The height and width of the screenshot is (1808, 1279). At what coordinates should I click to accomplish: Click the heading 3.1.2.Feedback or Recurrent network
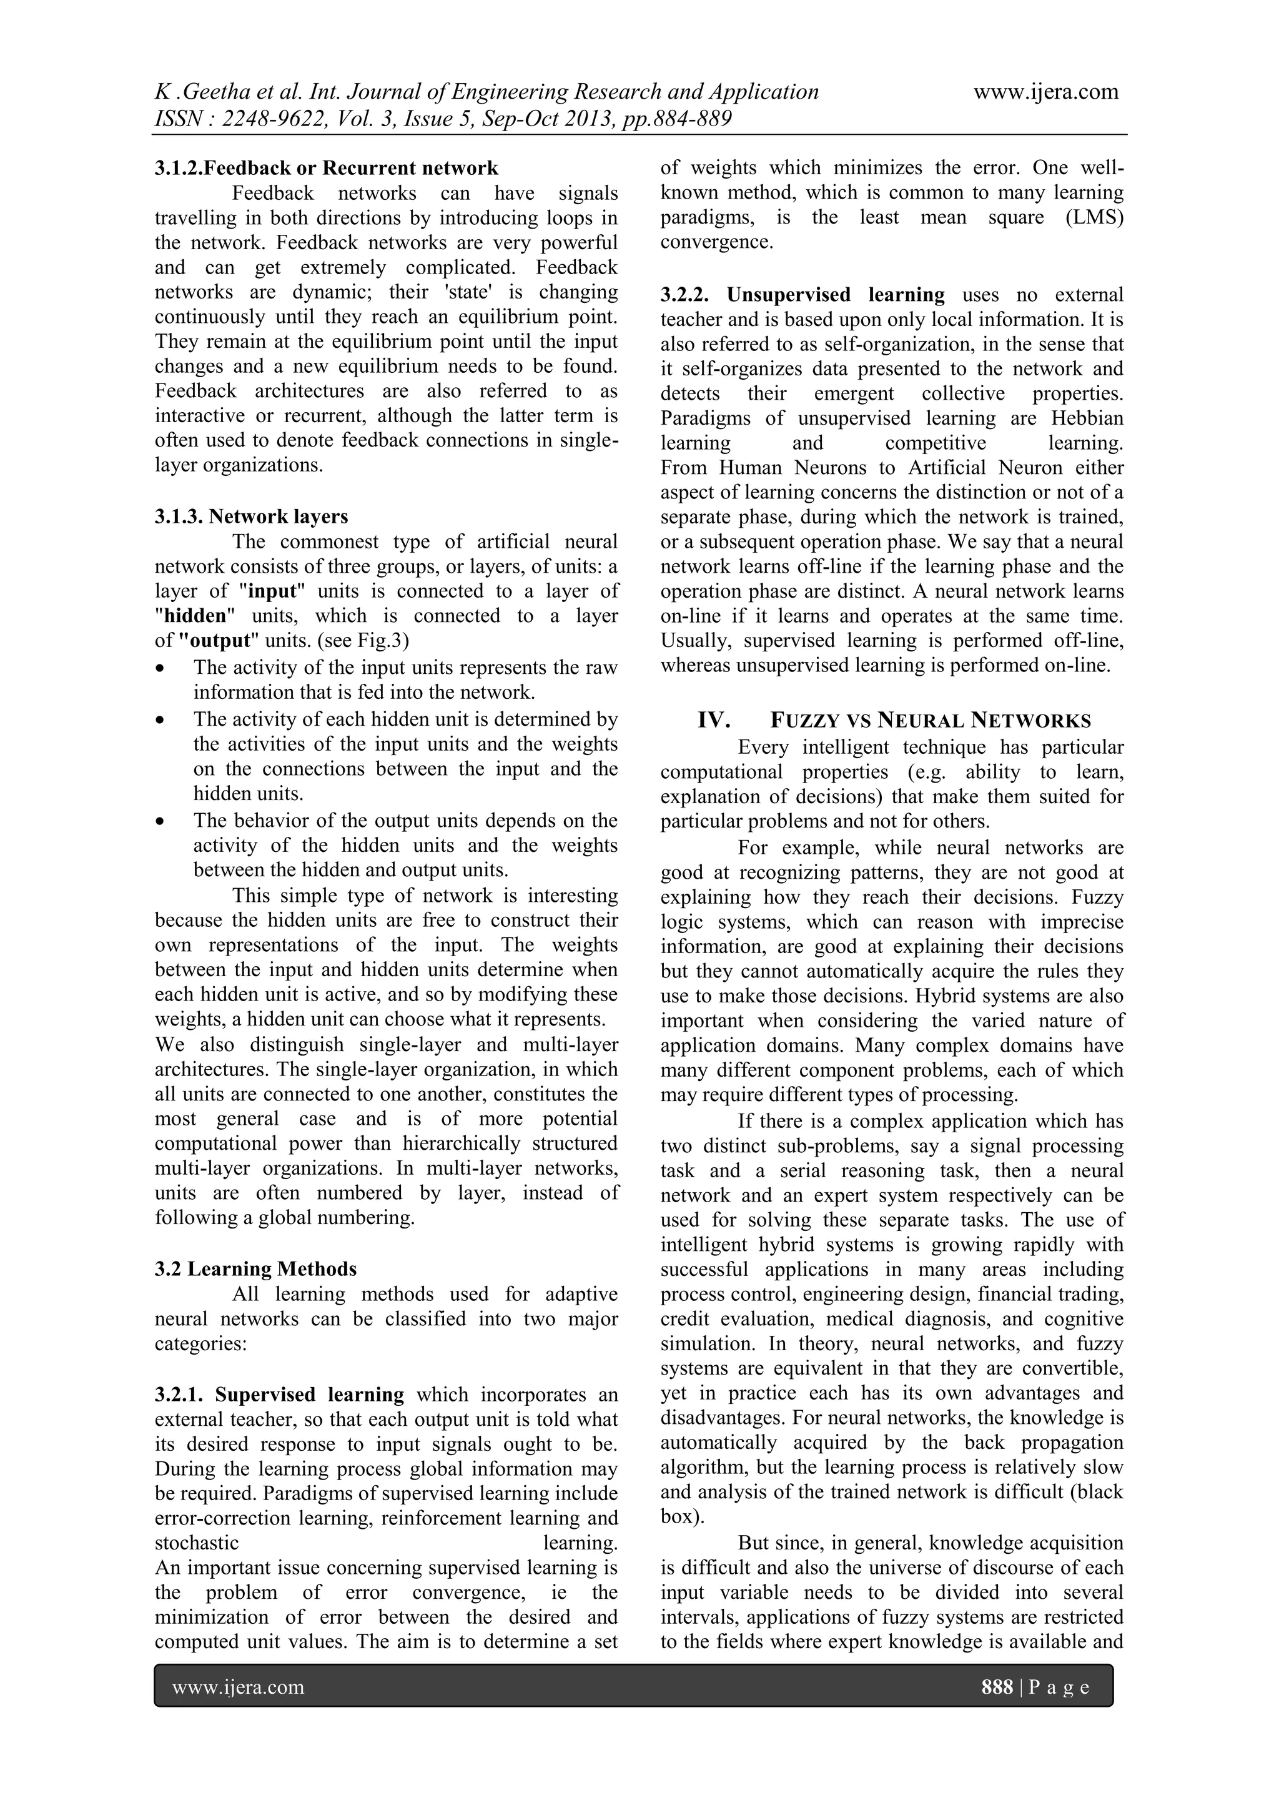[x=326, y=168]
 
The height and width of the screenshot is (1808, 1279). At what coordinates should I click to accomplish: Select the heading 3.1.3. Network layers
[x=251, y=516]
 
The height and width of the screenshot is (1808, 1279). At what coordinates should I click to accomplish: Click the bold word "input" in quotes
[x=272, y=591]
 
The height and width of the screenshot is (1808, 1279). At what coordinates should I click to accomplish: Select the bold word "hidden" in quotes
[x=194, y=616]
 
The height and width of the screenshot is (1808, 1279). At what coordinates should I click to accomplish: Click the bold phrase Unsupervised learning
[x=835, y=295]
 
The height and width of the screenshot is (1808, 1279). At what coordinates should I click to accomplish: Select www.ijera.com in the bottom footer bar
[x=238, y=1687]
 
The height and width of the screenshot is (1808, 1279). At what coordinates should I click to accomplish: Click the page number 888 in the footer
[x=996, y=1687]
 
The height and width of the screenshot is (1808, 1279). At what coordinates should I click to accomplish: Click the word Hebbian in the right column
[x=1087, y=418]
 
